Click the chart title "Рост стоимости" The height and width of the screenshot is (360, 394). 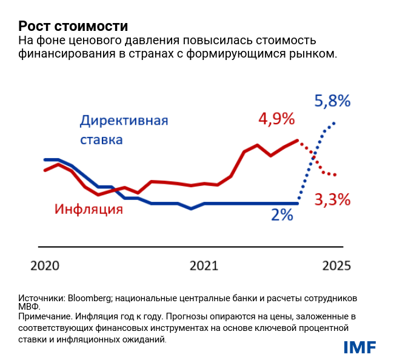point(73,26)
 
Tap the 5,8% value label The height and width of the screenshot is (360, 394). point(332,101)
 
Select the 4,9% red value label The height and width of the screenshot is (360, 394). point(276,119)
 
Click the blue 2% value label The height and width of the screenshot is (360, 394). point(282,215)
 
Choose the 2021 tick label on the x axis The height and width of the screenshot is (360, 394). point(204,265)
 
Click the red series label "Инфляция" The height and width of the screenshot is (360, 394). point(89,210)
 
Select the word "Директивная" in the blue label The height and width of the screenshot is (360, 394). point(124,119)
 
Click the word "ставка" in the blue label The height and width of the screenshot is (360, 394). point(102,139)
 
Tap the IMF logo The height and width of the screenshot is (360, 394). point(360,347)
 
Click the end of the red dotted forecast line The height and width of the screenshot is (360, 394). point(335,175)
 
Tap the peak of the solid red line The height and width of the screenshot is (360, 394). point(298,140)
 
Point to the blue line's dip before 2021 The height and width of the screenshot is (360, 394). point(191,208)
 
